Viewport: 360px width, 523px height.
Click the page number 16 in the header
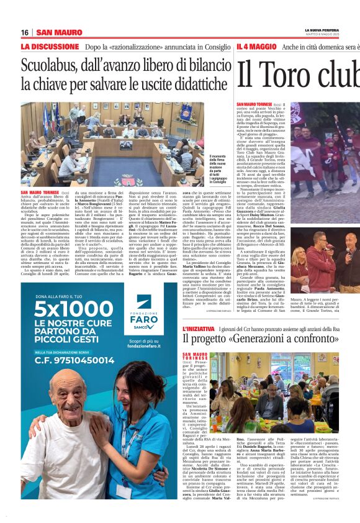pyautogui.click(x=25, y=32)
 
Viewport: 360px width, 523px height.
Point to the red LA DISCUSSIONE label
pyautogui.click(x=50, y=47)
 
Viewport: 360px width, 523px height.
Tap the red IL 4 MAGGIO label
pyautogui.click(x=256, y=47)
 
